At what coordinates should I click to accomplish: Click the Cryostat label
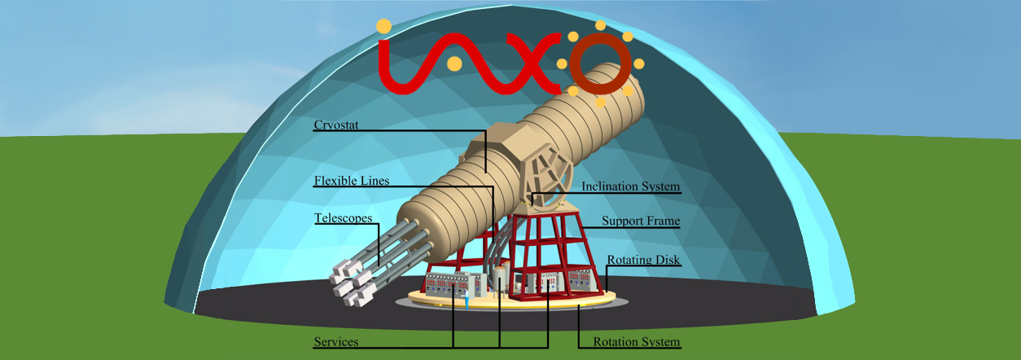[335, 125]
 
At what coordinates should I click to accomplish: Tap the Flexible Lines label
[352, 180]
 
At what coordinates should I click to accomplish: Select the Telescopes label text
[344, 218]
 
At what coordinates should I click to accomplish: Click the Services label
[336, 340]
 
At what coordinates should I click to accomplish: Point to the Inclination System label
[630, 187]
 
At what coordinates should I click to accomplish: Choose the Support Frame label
[640, 221]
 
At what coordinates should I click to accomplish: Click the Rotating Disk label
[643, 260]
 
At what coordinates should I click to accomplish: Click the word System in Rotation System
[658, 341]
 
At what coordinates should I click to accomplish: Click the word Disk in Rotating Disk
[666, 260]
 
